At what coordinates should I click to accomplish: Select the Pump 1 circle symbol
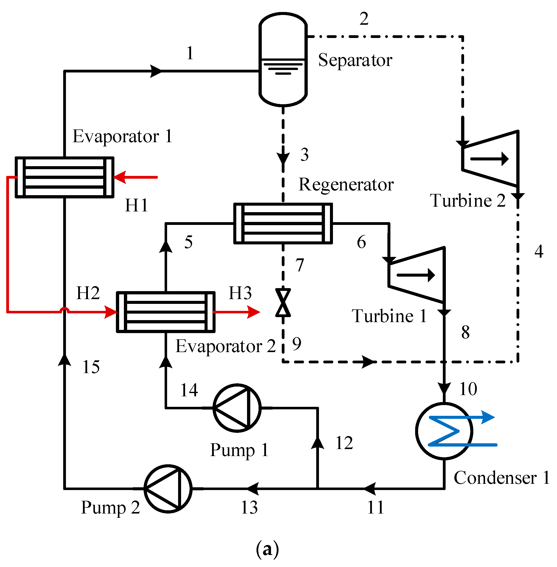click(237, 408)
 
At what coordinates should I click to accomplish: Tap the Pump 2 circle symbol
click(168, 489)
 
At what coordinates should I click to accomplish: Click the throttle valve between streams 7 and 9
click(283, 303)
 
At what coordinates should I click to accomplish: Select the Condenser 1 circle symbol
click(444, 431)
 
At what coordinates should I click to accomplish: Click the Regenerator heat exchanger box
click(283, 223)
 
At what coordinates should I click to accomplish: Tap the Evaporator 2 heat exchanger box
click(166, 312)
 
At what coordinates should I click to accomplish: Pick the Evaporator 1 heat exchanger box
click(64, 177)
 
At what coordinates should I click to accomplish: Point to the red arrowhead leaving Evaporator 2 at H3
click(253, 312)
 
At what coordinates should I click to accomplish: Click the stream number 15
click(91, 367)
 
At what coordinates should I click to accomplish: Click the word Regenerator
click(346, 185)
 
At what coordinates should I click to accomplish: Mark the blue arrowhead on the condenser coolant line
click(488, 417)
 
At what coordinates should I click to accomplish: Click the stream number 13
click(249, 508)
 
